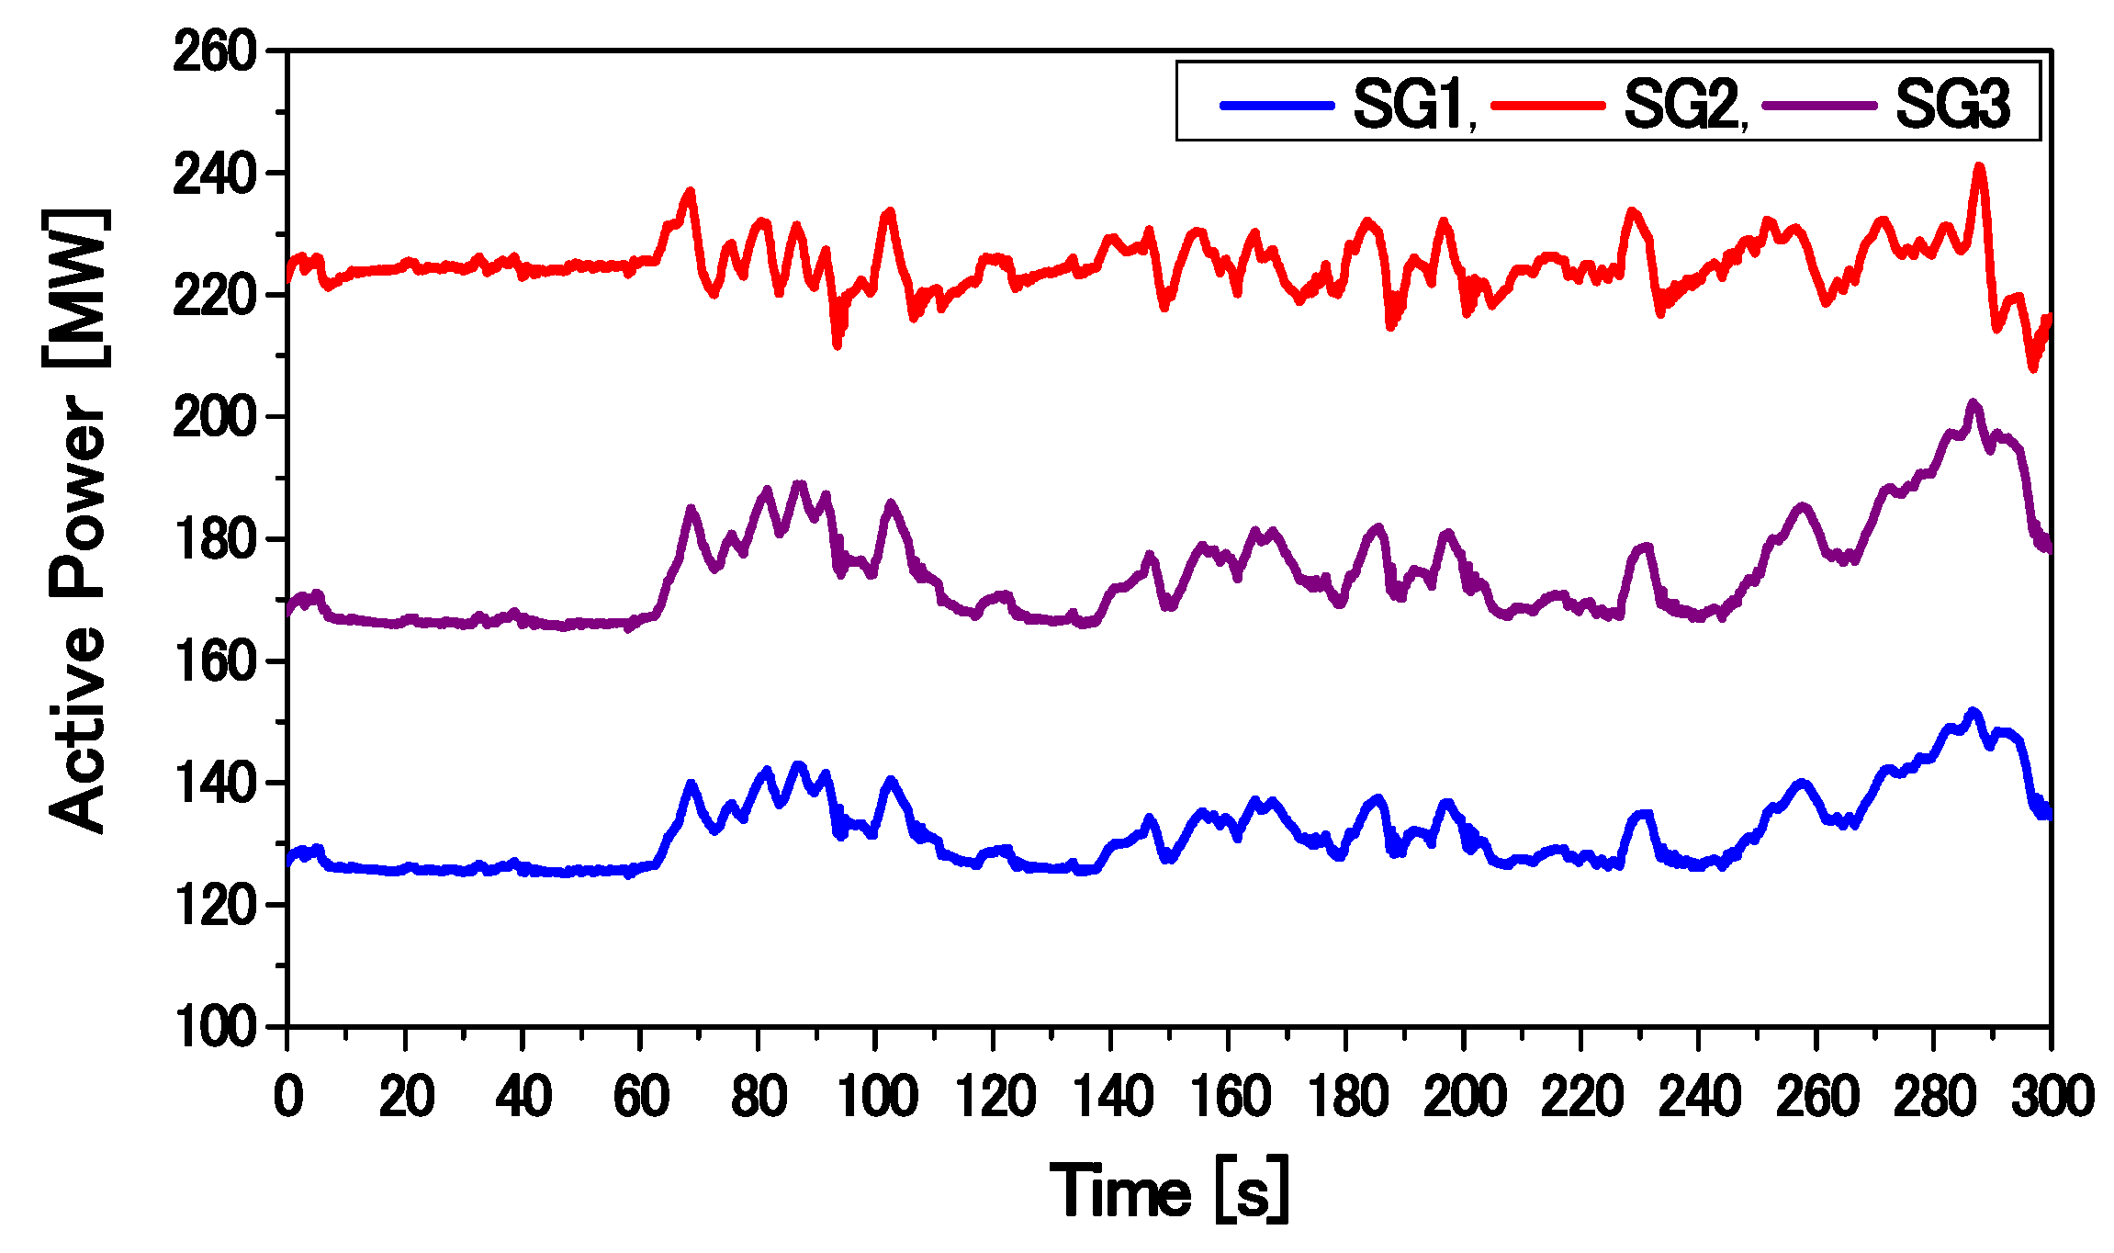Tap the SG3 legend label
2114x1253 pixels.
(x=1952, y=103)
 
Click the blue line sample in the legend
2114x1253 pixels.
(x=1276, y=105)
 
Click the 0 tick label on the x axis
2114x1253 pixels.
(x=287, y=1097)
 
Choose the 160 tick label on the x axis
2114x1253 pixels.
(x=1229, y=1097)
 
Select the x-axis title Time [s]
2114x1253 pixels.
(x=1168, y=1191)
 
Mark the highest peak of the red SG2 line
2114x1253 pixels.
(x=1979, y=167)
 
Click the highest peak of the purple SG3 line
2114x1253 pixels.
(x=1973, y=402)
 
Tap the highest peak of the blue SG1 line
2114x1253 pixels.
(x=1972, y=711)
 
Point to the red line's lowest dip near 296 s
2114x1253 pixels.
(x=2032, y=368)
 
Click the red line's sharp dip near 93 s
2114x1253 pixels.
(x=837, y=344)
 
